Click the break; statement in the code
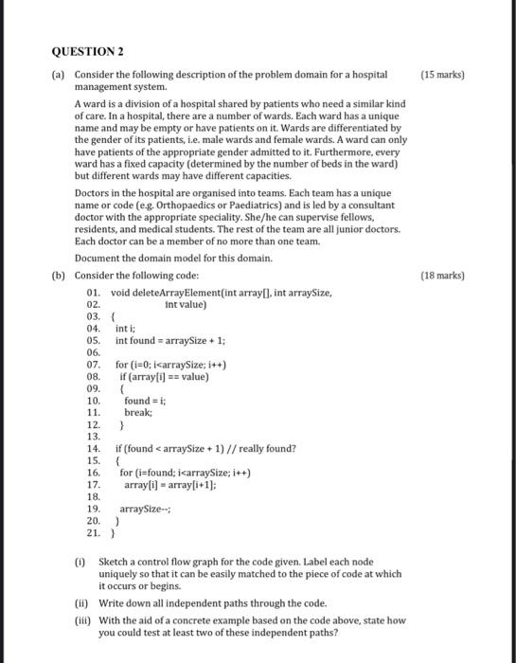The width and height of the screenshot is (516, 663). click(138, 413)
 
